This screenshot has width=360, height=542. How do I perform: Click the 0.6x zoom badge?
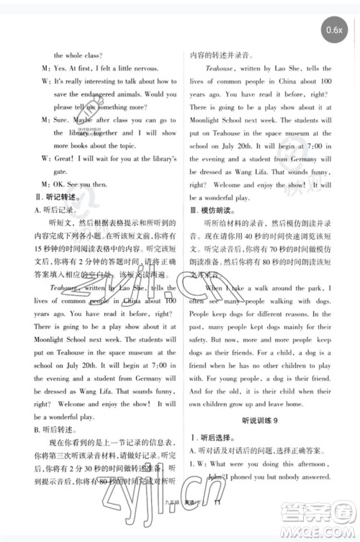(x=333, y=30)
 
